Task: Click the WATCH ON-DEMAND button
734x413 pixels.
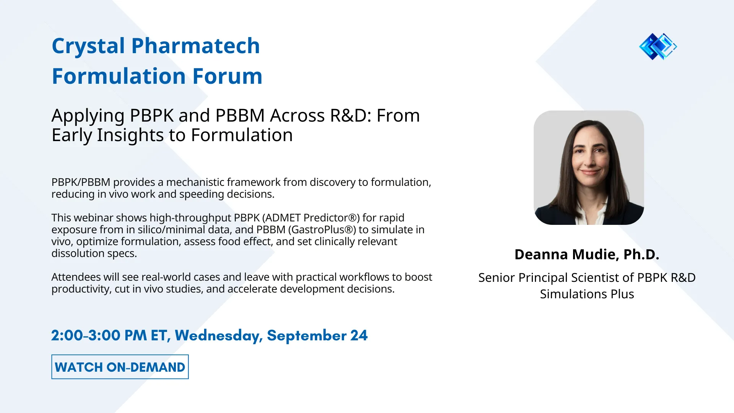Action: pos(120,367)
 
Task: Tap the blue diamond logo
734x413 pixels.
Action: pos(658,47)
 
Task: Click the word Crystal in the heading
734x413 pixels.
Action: pos(88,46)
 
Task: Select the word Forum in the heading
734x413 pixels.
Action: pos(227,76)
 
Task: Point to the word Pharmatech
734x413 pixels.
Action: pos(195,46)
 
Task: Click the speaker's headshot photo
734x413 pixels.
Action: pos(589,167)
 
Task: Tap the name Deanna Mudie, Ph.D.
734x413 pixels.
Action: pos(587,254)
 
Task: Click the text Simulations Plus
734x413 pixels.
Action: pos(587,294)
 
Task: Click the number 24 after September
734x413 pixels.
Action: pos(359,335)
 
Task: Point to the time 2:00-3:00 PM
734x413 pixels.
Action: pos(99,335)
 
